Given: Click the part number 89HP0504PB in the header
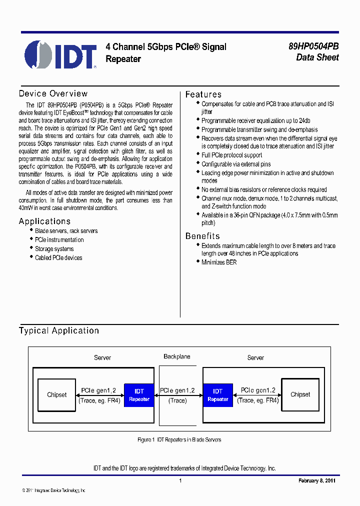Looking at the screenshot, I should tap(313, 46).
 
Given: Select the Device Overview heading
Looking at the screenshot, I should tap(53, 93).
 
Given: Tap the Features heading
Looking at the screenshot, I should tap(203, 94).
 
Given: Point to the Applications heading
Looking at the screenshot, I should tap(44, 221).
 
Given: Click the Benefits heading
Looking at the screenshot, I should tap(202, 236).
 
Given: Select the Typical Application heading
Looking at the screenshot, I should tap(59, 330).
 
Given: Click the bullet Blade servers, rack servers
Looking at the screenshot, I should tap(66, 231).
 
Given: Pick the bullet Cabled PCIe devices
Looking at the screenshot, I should tap(58, 258).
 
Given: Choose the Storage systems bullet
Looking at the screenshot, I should tap(54, 249).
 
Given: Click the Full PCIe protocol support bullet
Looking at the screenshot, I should tap(231, 155).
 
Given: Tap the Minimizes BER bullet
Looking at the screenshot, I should tap(219, 262).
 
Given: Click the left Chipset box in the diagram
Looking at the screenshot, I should tap(56, 395).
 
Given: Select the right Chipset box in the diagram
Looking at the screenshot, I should tap(300, 394).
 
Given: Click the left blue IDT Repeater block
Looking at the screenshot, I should tap(139, 395).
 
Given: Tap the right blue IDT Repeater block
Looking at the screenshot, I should tap(217, 395).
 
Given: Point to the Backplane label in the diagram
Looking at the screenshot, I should tap(177, 356).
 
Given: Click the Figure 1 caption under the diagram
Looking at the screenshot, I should tap(179, 440).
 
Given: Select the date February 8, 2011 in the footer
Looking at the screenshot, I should tap(317, 480).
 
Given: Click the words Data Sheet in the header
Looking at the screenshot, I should tap(317, 57).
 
